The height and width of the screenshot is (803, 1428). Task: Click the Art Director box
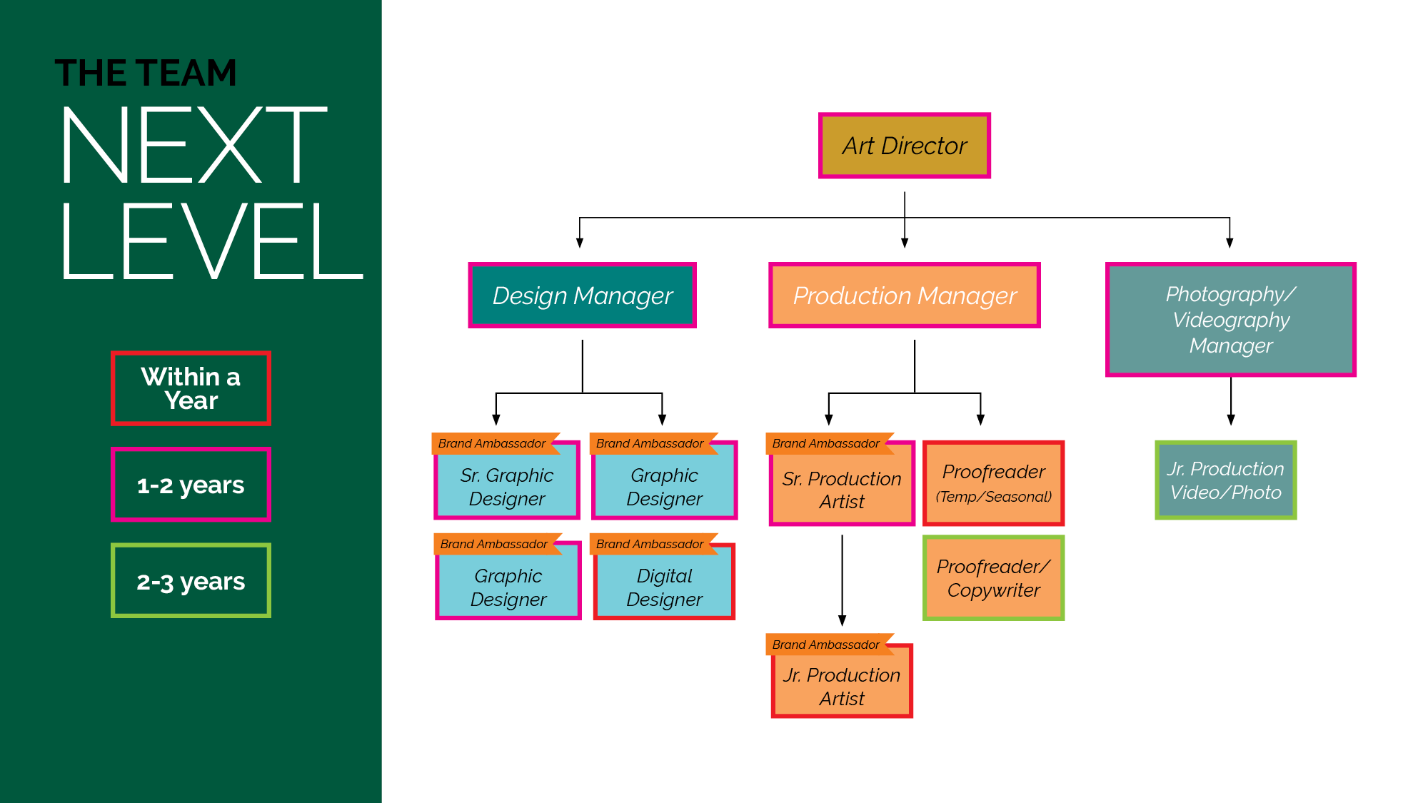point(904,146)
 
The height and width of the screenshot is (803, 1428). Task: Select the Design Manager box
point(582,296)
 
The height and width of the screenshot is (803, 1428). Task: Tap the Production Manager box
point(904,296)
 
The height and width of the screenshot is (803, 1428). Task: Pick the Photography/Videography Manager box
point(1230,320)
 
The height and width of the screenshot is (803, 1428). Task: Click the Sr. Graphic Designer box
point(506,487)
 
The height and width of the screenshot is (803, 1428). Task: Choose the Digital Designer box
point(663,587)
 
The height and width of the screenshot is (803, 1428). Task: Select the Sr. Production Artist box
point(841,490)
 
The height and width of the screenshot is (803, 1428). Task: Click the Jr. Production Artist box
point(841,687)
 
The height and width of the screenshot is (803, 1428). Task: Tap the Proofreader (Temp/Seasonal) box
point(993,483)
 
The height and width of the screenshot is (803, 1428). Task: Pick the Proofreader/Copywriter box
point(993,578)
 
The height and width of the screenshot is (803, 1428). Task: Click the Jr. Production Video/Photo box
point(1225,480)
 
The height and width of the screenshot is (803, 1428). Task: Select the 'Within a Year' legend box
point(191,388)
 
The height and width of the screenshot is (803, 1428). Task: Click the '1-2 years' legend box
point(191,485)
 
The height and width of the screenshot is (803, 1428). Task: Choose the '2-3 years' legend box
point(191,581)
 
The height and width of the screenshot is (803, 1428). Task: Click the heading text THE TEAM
point(146,73)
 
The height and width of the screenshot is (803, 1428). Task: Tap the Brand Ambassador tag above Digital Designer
point(650,544)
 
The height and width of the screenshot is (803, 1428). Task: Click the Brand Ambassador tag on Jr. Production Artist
point(825,645)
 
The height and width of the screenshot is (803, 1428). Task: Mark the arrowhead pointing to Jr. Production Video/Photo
point(1230,420)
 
